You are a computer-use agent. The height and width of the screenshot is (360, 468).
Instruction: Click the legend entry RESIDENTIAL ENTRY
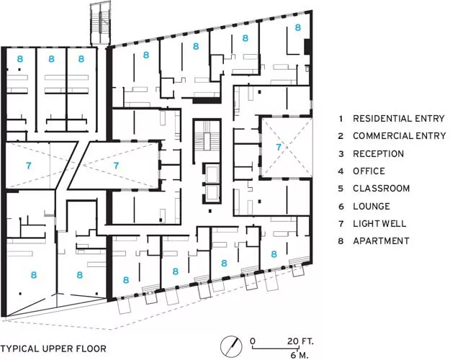[398, 119]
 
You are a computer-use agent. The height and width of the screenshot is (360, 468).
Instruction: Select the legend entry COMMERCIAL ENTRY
[399, 136]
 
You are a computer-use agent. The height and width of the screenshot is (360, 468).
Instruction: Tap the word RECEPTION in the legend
[378, 154]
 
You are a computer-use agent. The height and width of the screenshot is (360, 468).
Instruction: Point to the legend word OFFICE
[369, 171]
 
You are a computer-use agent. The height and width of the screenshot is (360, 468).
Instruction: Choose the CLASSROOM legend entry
[381, 189]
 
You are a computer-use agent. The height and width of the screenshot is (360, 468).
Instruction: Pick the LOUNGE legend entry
[372, 206]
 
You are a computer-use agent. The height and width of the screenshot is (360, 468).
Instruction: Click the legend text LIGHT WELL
[379, 224]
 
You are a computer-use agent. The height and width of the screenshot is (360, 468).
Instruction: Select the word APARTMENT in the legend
[381, 241]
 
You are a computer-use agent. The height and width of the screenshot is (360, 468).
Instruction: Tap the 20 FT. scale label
[300, 341]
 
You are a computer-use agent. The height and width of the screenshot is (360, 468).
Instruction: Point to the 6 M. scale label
[300, 355]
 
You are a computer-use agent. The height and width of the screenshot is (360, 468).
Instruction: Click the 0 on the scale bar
[253, 341]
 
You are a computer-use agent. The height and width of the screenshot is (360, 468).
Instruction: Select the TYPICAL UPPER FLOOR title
[53, 348]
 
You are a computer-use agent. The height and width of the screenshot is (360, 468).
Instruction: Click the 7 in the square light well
[279, 147]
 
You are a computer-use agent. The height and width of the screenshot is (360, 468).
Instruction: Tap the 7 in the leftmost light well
[28, 166]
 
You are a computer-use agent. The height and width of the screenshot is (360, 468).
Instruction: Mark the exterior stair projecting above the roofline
[100, 24]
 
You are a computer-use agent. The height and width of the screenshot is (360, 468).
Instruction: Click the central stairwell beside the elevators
[207, 140]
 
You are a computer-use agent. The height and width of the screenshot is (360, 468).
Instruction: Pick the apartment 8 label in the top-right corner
[298, 27]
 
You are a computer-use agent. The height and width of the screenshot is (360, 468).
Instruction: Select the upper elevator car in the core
[212, 173]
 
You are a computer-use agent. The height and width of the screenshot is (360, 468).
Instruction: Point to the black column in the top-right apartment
[307, 47]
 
